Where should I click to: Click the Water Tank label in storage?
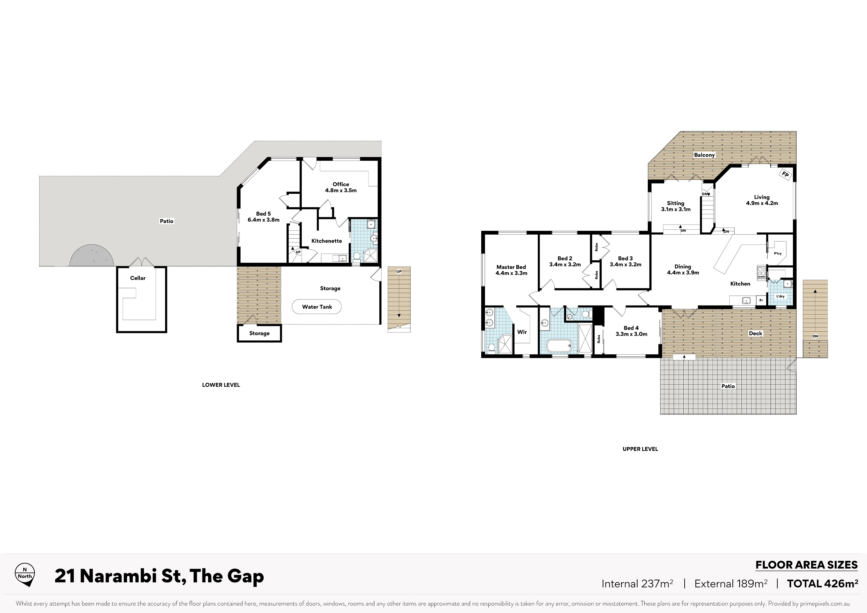[317, 307]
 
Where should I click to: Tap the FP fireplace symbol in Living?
[785, 175]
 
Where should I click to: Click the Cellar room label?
[138, 278]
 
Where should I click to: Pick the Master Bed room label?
[511, 267]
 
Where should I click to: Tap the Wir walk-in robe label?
[522, 332]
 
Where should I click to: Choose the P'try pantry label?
[778, 253]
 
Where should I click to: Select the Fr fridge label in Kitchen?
[761, 301]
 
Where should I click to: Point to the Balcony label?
[704, 155]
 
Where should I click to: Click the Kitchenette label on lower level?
[327, 241]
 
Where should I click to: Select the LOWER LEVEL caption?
[221, 385]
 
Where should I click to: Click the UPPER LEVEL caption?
[640, 449]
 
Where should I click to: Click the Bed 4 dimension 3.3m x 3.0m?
[631, 334]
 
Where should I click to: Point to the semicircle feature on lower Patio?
[91, 255]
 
